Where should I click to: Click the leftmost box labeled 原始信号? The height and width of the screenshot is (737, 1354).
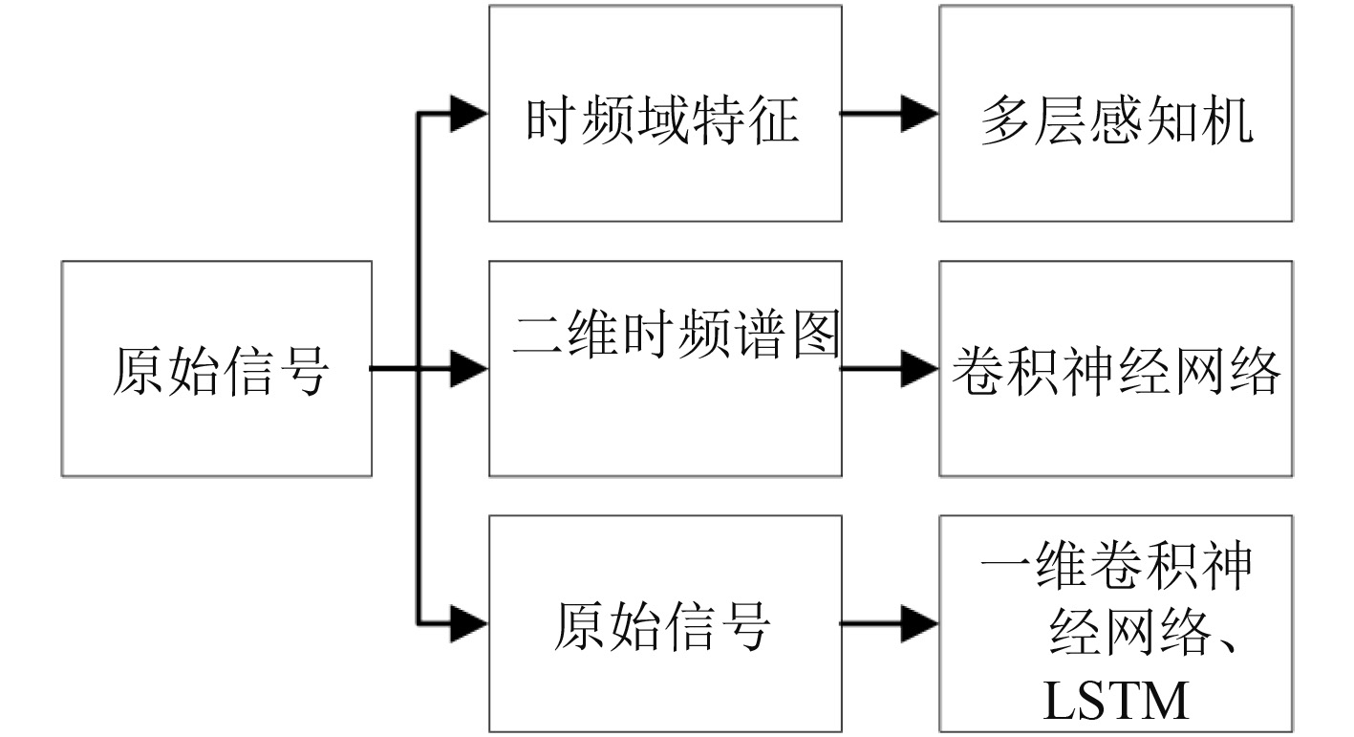pyautogui.click(x=217, y=369)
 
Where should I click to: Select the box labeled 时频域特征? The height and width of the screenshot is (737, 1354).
pyautogui.click(x=665, y=114)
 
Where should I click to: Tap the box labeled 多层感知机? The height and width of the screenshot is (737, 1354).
pyautogui.click(x=1116, y=114)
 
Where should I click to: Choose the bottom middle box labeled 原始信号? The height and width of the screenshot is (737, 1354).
pyautogui.click(x=665, y=624)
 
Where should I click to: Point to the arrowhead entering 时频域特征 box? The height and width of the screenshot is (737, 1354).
pyautogui.click(x=468, y=114)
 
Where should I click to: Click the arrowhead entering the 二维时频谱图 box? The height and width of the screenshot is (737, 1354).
pyautogui.click(x=468, y=369)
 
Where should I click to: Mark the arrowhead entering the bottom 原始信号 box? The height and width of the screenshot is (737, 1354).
pyautogui.click(x=468, y=624)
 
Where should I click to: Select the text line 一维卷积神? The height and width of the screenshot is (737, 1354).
pyautogui.click(x=1116, y=566)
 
